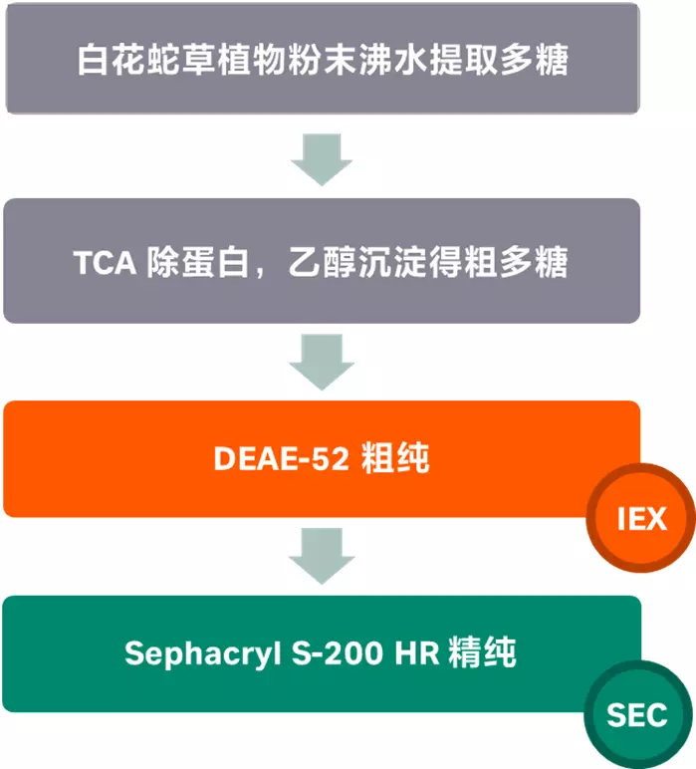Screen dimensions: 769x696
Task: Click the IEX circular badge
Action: (x=640, y=519)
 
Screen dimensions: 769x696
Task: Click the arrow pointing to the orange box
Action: (x=322, y=361)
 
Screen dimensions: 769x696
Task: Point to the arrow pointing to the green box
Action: (x=322, y=556)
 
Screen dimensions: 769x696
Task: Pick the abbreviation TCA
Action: (x=104, y=263)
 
